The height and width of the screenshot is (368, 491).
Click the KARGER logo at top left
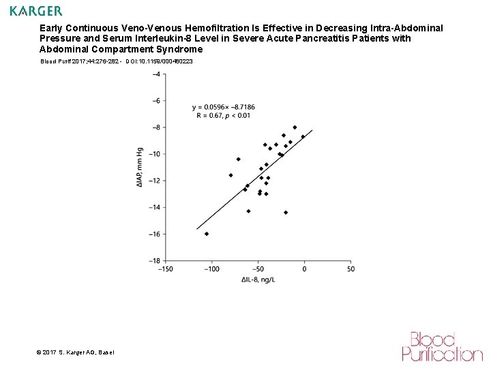36,11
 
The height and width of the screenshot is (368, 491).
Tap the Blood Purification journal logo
441,346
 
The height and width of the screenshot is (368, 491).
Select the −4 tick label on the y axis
156,74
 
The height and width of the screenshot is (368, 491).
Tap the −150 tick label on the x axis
165,269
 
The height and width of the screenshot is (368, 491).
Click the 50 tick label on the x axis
351,269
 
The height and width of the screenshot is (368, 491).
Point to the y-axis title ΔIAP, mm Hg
140,168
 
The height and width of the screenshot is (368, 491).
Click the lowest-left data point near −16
207,234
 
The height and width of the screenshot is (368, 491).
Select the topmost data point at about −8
295,127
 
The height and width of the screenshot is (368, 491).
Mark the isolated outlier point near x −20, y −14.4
286,213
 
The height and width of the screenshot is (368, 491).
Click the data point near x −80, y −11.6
230,175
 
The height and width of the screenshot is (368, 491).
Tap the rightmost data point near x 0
303,137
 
